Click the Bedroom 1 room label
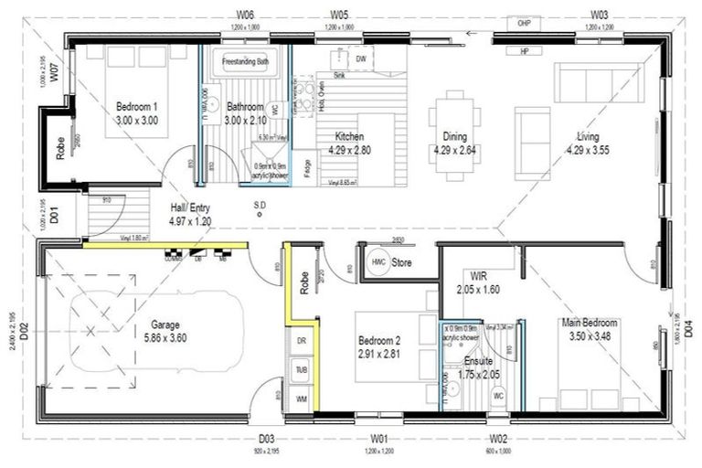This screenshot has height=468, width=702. pos(136,112)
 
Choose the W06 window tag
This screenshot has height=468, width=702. pos(245,16)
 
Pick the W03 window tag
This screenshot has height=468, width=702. pos(600,16)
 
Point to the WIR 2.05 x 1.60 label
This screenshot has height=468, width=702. pos(479,282)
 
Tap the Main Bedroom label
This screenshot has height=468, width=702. pos(589,329)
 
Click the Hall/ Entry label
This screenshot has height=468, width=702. pos(190,214)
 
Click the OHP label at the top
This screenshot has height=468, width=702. pos(524,23)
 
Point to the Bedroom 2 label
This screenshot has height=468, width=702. pos(380,346)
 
